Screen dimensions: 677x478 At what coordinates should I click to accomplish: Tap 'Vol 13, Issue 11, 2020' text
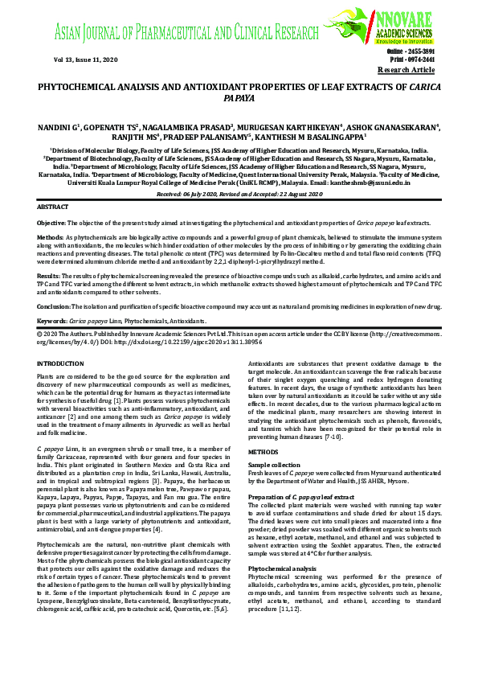tap(75, 60)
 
